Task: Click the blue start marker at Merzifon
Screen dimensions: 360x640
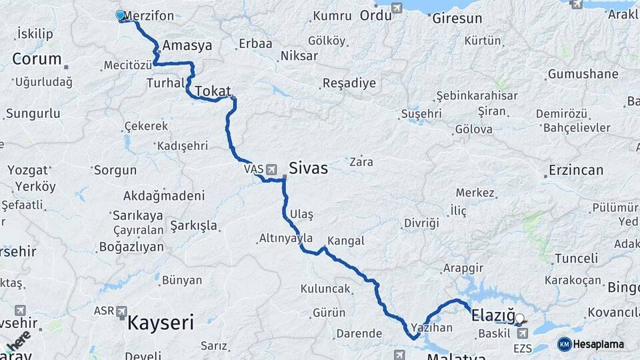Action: [120, 15]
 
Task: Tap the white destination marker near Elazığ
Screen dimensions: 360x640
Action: [520, 319]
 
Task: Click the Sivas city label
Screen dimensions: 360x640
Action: [308, 168]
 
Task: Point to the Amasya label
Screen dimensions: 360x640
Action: [187, 46]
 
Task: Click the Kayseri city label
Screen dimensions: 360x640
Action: [160, 324]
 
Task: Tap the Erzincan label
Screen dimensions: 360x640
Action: [576, 170]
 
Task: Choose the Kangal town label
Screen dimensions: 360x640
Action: [346, 241]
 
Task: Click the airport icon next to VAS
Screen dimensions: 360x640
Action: [272, 169]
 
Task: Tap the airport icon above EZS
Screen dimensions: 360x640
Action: [522, 332]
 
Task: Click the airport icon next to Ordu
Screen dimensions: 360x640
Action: [398, 9]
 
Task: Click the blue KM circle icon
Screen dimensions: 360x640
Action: [564, 344]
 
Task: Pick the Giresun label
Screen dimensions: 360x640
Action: [457, 18]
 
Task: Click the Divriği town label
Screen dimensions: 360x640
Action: [421, 222]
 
